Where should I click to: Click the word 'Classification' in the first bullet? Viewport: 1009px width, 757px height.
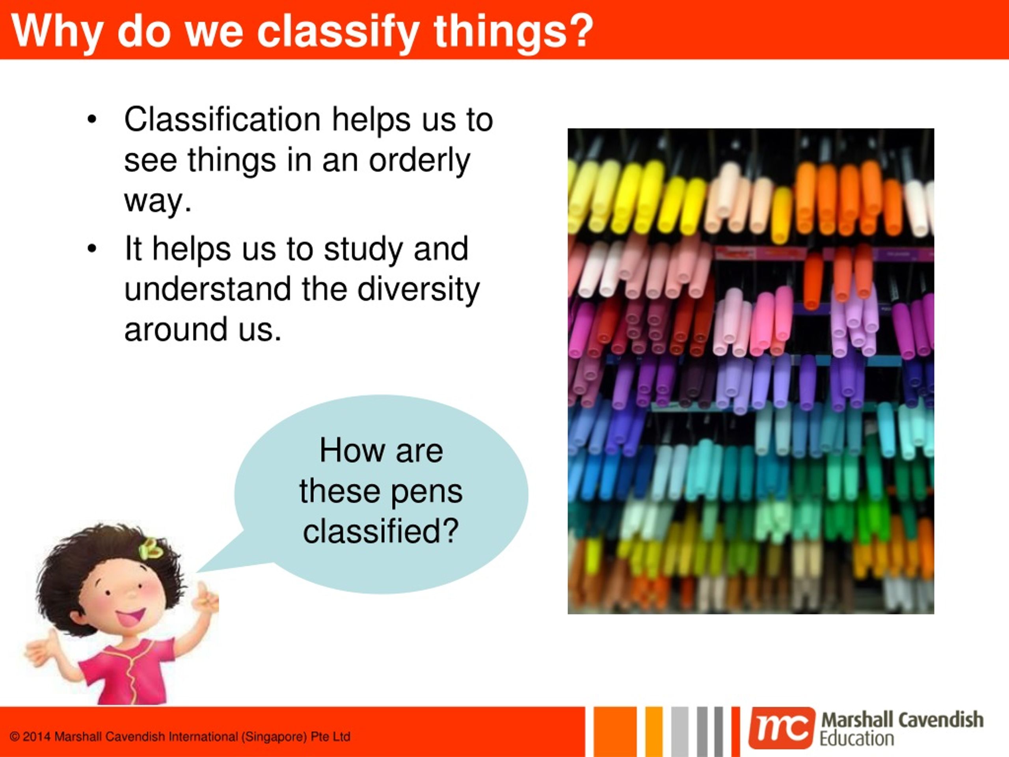click(x=222, y=119)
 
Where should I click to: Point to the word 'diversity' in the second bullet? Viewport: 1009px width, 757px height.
click(x=418, y=289)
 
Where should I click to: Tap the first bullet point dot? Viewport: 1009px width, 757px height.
click(x=92, y=120)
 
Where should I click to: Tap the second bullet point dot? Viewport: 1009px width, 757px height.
click(x=92, y=249)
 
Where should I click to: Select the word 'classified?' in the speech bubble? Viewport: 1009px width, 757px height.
click(x=380, y=531)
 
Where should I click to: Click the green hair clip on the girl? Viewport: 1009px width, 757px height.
click(x=151, y=549)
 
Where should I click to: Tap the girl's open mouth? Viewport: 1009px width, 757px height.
click(x=130, y=617)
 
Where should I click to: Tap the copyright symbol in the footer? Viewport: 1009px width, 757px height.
click(x=15, y=737)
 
